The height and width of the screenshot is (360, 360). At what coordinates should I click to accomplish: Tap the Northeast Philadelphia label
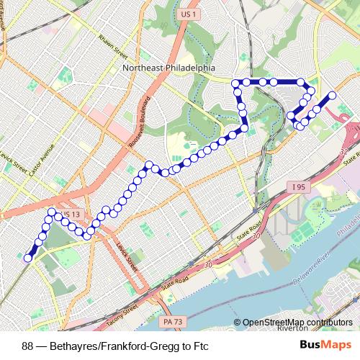tap(168, 68)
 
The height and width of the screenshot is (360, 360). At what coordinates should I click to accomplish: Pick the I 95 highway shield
tap(300, 186)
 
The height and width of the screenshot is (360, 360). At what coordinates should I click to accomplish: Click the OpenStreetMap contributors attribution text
tap(298, 323)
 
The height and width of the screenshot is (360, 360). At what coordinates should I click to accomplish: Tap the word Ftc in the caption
tap(200, 346)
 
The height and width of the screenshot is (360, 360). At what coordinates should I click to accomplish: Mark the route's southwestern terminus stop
tap(28, 258)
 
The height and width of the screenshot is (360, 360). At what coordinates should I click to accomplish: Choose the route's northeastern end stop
tap(333, 95)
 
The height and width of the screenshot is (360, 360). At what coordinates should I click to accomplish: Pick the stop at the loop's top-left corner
tap(235, 84)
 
